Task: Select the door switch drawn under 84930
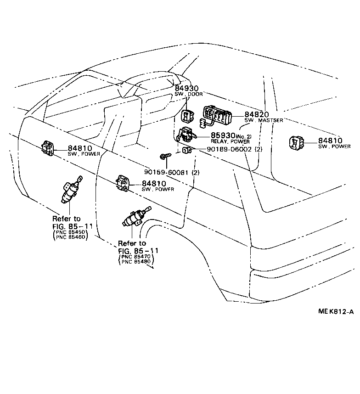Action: tap(188, 117)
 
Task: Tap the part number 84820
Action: tap(256, 114)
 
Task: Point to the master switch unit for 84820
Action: tap(218, 116)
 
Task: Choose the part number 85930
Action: tap(222, 136)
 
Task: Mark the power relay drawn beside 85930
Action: tap(187, 134)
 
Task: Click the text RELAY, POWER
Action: tap(230, 142)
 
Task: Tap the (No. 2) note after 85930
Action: tap(243, 136)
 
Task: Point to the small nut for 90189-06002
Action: tap(186, 150)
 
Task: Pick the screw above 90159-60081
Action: tap(165, 157)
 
